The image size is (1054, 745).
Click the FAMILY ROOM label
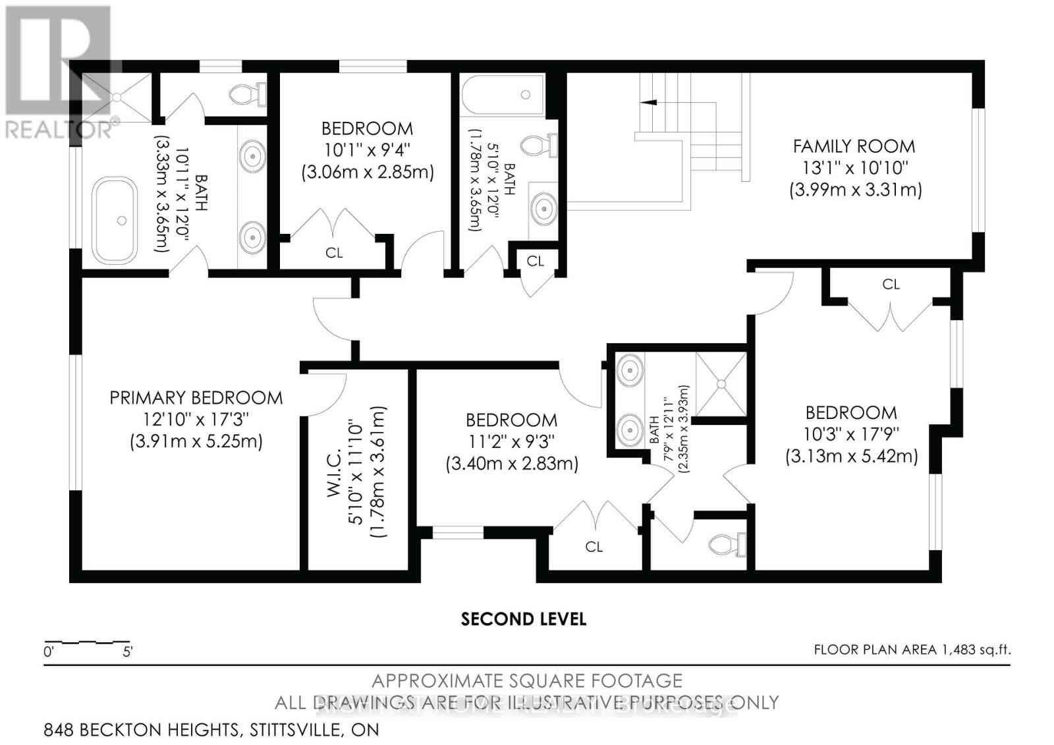pyautogui.click(x=854, y=146)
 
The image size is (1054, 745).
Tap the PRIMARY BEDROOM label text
pyautogui.click(x=196, y=398)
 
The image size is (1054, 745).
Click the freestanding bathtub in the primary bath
pyautogui.click(x=115, y=220)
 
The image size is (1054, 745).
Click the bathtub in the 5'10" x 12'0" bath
pyautogui.click(x=503, y=96)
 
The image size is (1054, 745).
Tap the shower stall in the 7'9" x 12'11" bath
pyautogui.click(x=722, y=384)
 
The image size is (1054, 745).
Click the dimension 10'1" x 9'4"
pyautogui.click(x=367, y=150)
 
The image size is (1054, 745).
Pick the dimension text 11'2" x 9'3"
pyautogui.click(x=511, y=441)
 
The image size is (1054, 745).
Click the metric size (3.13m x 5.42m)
pyautogui.click(x=851, y=456)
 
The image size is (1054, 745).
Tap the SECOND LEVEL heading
pyautogui.click(x=523, y=619)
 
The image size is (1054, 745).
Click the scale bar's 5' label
pyautogui.click(x=128, y=653)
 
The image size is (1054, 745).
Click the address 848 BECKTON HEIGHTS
pyautogui.click(x=142, y=730)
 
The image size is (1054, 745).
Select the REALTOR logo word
pyautogui.click(x=59, y=129)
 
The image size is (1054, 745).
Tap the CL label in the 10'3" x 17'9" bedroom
pyautogui.click(x=891, y=284)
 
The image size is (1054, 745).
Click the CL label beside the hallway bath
pyautogui.click(x=535, y=261)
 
